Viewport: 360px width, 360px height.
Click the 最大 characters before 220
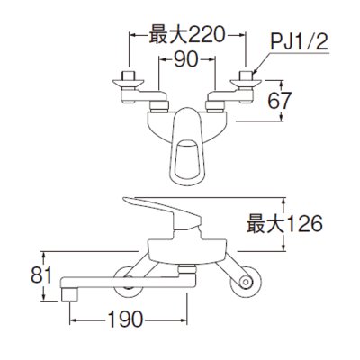pyautogui.click(x=165, y=36)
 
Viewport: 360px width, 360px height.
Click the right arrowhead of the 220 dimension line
pyautogui.click(x=242, y=35)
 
